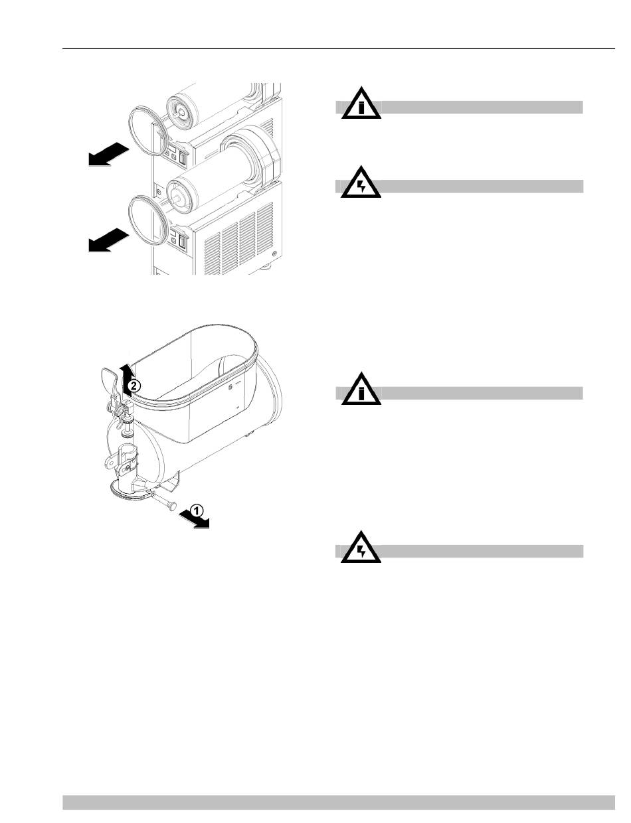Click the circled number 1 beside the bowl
[196, 510]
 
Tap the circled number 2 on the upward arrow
[133, 386]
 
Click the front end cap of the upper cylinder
[179, 111]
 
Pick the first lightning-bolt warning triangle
[361, 185]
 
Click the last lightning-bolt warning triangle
[361, 550]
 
